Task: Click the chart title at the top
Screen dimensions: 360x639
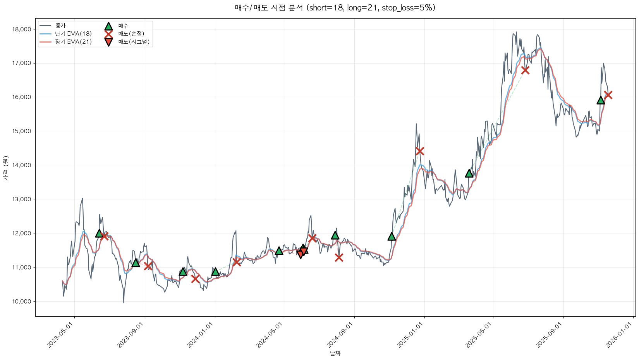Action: coord(335,8)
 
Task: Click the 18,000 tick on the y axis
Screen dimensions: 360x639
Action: coord(22,29)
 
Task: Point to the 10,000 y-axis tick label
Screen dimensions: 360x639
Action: coord(22,302)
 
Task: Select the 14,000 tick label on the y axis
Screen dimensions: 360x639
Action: coord(22,165)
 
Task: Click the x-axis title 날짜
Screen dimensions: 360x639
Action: coord(335,353)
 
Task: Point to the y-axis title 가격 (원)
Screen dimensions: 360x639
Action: coord(5,168)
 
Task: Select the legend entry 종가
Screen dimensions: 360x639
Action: coord(60,26)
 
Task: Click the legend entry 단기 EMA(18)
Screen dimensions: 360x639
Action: coord(73,34)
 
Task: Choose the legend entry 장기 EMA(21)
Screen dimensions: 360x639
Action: coord(73,42)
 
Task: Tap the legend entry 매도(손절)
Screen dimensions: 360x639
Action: coord(131,34)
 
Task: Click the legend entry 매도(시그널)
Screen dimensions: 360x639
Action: coord(134,42)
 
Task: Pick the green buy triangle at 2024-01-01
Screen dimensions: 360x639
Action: coord(215,272)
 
